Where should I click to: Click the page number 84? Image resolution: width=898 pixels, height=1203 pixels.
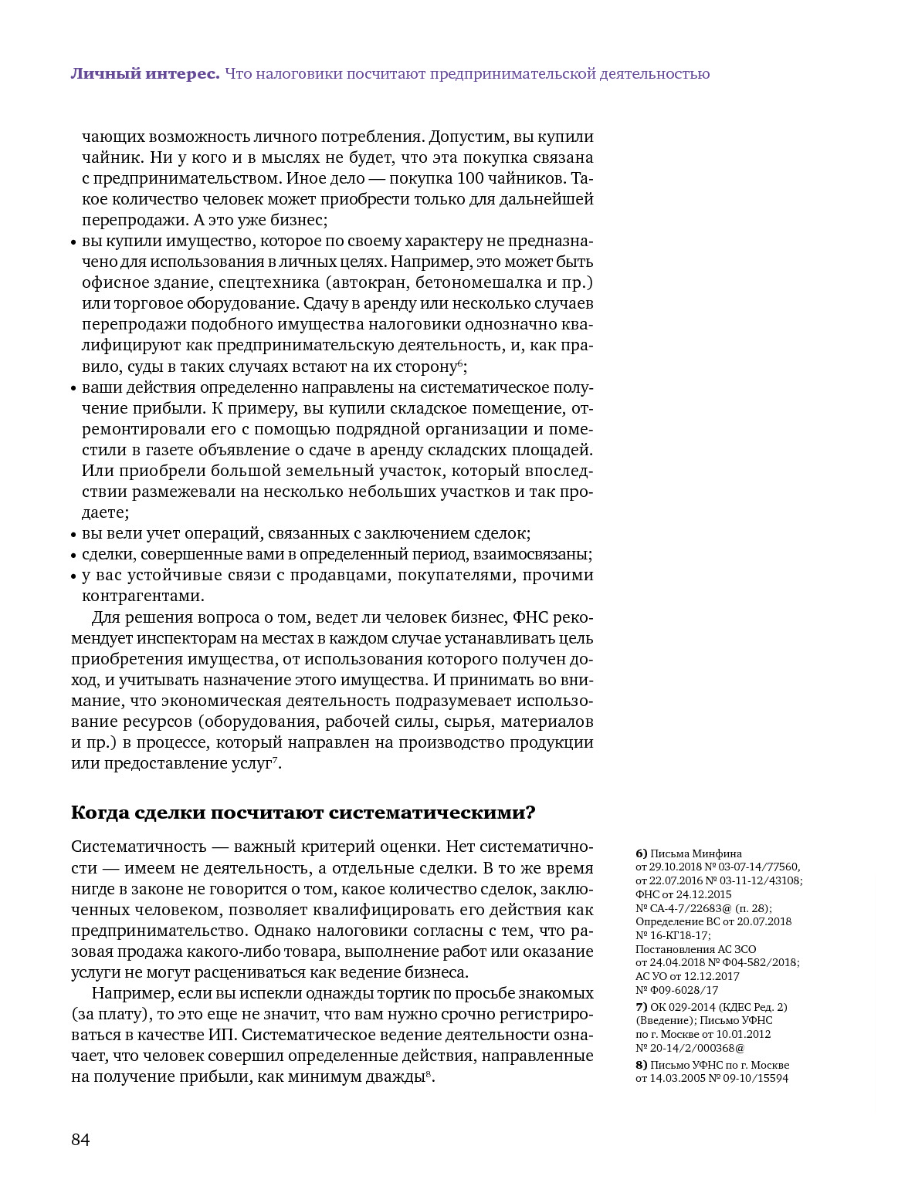(x=80, y=1140)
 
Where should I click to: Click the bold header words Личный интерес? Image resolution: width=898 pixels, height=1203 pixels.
(x=145, y=74)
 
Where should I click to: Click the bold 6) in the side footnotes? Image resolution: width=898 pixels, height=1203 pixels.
(x=641, y=853)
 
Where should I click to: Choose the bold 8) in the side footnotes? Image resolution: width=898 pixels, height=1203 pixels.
(x=641, y=1065)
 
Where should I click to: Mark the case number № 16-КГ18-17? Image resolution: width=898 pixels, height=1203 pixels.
(x=673, y=934)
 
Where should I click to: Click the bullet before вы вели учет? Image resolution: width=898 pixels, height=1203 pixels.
(x=74, y=535)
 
